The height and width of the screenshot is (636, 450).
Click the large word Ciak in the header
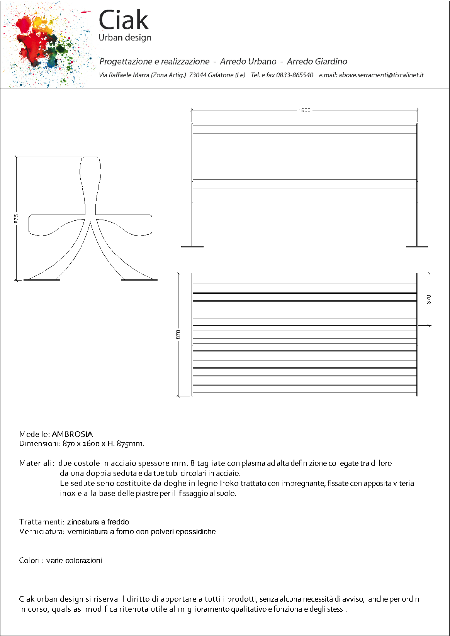pos(123,20)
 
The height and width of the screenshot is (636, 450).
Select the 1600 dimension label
pos(304,110)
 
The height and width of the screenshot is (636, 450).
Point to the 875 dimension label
pos(16,218)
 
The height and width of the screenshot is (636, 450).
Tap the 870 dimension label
pos(178,334)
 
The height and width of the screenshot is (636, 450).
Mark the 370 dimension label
pos(429,299)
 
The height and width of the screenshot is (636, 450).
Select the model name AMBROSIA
pos(72,434)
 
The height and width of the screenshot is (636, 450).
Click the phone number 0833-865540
pos(295,75)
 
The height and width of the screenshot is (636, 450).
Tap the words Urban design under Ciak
pos(125,38)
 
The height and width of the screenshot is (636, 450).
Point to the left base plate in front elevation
pos(192,247)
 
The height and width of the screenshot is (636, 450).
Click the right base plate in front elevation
pos(417,247)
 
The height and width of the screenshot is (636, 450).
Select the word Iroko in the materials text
pos(229,483)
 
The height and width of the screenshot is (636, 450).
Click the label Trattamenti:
pos(42,522)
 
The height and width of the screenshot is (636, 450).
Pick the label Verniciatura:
pos(42,531)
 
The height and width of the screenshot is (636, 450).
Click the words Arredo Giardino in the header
pos(317,61)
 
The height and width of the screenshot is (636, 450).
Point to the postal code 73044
pos(197,75)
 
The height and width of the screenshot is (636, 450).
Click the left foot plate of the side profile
pos(42,279)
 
